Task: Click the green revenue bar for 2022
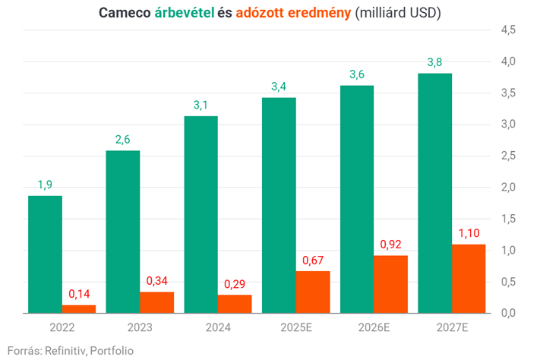point(45,254)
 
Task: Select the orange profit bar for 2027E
point(469,278)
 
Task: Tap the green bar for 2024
point(201,214)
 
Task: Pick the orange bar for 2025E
point(313,292)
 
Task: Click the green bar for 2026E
point(356,199)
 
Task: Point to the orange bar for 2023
point(156,302)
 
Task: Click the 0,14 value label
point(79,294)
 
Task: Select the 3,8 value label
point(434,62)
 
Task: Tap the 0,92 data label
point(390,245)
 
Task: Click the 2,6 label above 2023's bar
point(123,140)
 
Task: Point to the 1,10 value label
point(469,233)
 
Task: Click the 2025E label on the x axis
point(296,327)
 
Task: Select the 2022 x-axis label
point(62,327)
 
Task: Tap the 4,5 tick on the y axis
point(508,30)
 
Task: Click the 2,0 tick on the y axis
point(508,187)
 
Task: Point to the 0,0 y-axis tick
point(508,313)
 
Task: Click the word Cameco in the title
point(125,13)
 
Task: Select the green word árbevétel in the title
point(185,13)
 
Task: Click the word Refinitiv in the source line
point(63,350)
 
